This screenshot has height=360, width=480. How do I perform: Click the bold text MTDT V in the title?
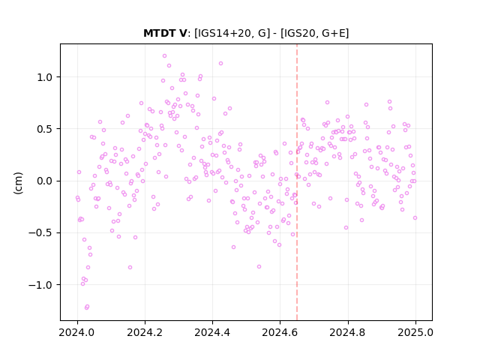click(x=165, y=33)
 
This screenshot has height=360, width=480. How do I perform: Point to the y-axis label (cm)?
click(x=18, y=183)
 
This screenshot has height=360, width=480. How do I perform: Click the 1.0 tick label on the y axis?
click(x=45, y=77)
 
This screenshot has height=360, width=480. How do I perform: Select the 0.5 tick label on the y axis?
click(x=45, y=129)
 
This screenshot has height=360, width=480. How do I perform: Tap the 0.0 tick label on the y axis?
click(x=45, y=181)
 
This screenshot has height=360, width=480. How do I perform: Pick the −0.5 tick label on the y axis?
click(x=40, y=233)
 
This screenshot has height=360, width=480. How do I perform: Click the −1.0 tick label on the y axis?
click(x=40, y=285)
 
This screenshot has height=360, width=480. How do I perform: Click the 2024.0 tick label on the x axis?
click(x=77, y=332)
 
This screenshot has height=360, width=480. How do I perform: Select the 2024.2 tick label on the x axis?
click(x=145, y=332)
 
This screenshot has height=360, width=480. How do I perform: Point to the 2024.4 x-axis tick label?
click(x=212, y=332)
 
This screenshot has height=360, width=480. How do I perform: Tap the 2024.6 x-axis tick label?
click(x=280, y=332)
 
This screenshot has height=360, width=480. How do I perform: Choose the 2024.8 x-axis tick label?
click(x=348, y=332)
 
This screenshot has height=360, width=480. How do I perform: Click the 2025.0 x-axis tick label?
click(x=415, y=332)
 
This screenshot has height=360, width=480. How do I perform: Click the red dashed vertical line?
click(x=297, y=182)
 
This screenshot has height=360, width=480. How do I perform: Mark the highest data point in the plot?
click(x=164, y=56)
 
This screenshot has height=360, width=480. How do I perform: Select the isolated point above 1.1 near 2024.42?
click(x=220, y=63)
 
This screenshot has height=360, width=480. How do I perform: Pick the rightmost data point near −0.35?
click(x=415, y=218)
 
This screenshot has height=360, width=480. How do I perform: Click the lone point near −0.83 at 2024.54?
click(x=259, y=267)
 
